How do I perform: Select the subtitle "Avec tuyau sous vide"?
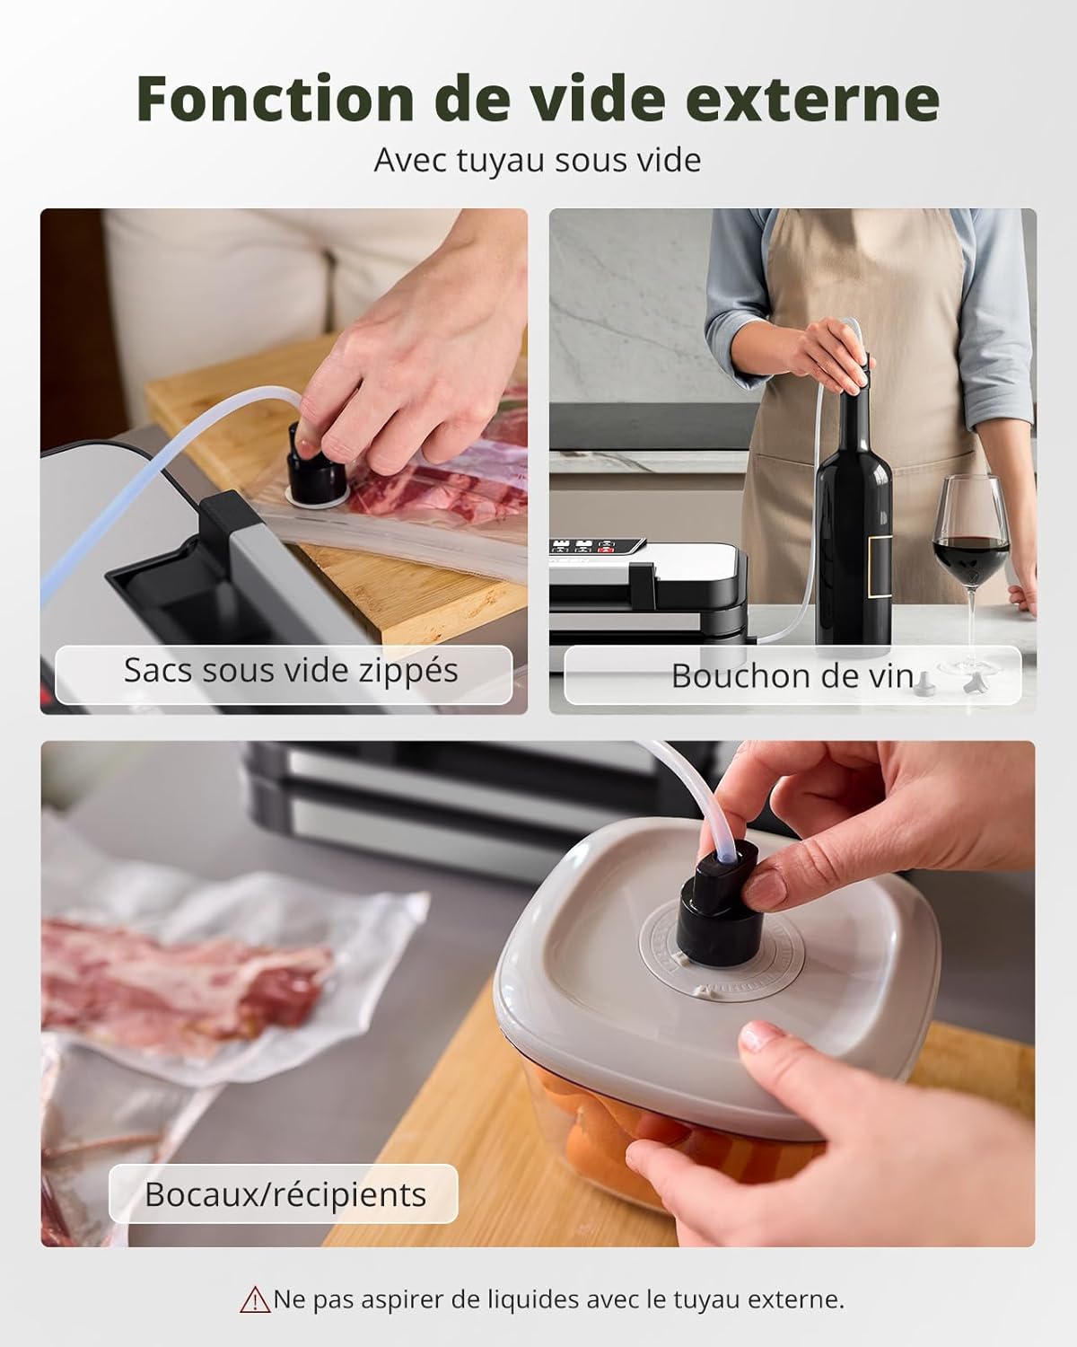coord(537,161)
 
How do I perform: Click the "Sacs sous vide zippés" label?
coord(291,671)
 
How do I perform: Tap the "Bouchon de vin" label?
coord(792,675)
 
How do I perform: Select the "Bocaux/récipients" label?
coord(285,1194)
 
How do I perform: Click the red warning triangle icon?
coord(255,1299)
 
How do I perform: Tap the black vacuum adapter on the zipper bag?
coord(316,467)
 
